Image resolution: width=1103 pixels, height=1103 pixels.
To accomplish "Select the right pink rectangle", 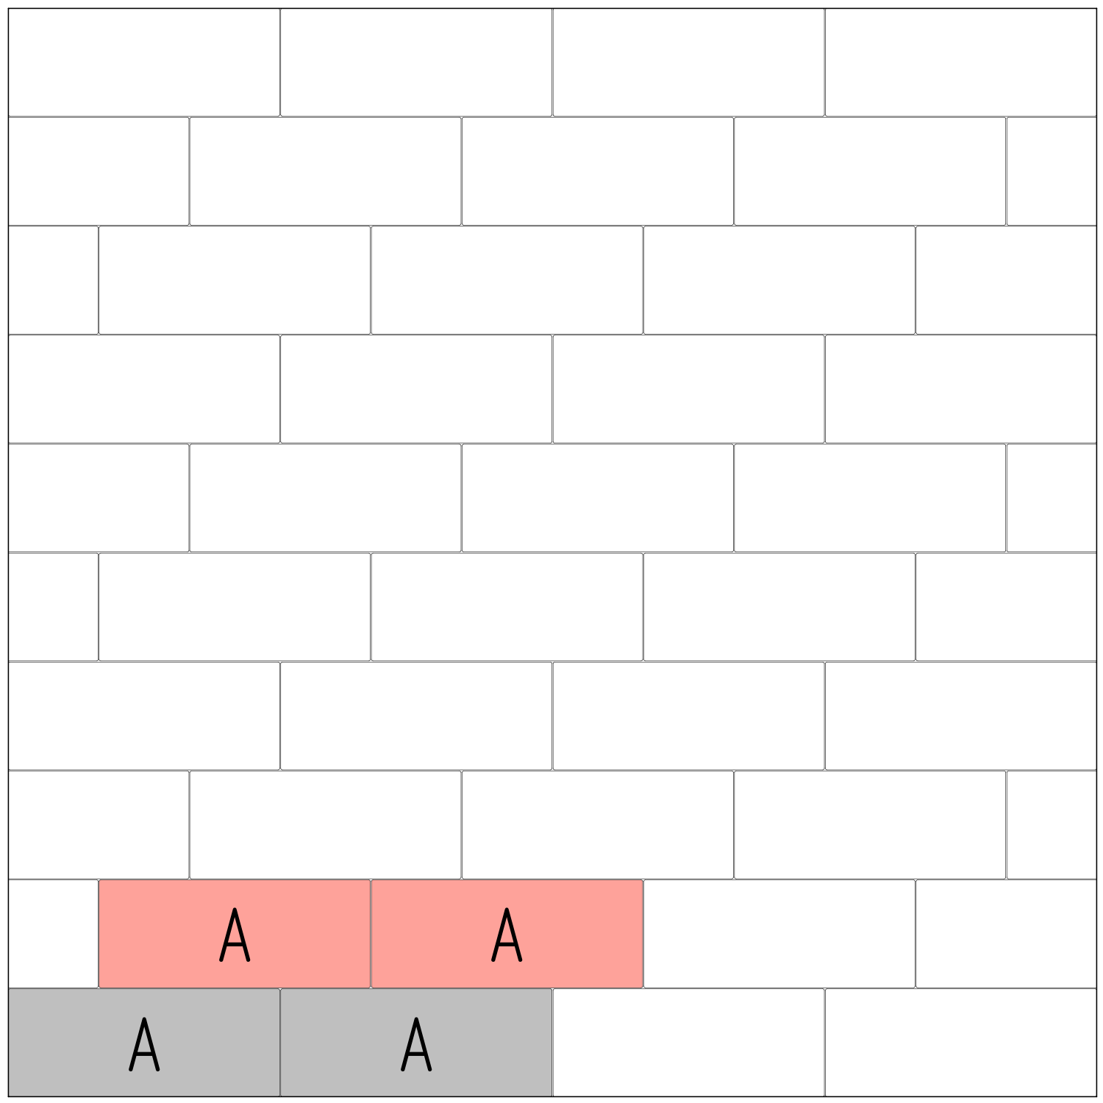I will coord(581,933).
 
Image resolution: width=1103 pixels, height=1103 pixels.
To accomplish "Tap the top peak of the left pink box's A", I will coord(235,910).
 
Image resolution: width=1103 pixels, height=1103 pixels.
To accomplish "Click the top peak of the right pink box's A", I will coord(507,910).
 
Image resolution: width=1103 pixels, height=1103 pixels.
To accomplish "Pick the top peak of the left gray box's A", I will coord(144,1020).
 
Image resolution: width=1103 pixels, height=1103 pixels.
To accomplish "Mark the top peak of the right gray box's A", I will coord(416,1020).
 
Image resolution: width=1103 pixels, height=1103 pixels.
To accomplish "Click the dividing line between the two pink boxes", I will coord(371,933).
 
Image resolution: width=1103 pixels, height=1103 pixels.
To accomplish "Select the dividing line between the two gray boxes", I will coord(280,1043).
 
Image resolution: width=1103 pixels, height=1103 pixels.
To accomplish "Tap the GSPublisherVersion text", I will coord(34,1100).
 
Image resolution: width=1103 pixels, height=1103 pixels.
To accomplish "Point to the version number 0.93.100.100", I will coord(92,1100).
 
